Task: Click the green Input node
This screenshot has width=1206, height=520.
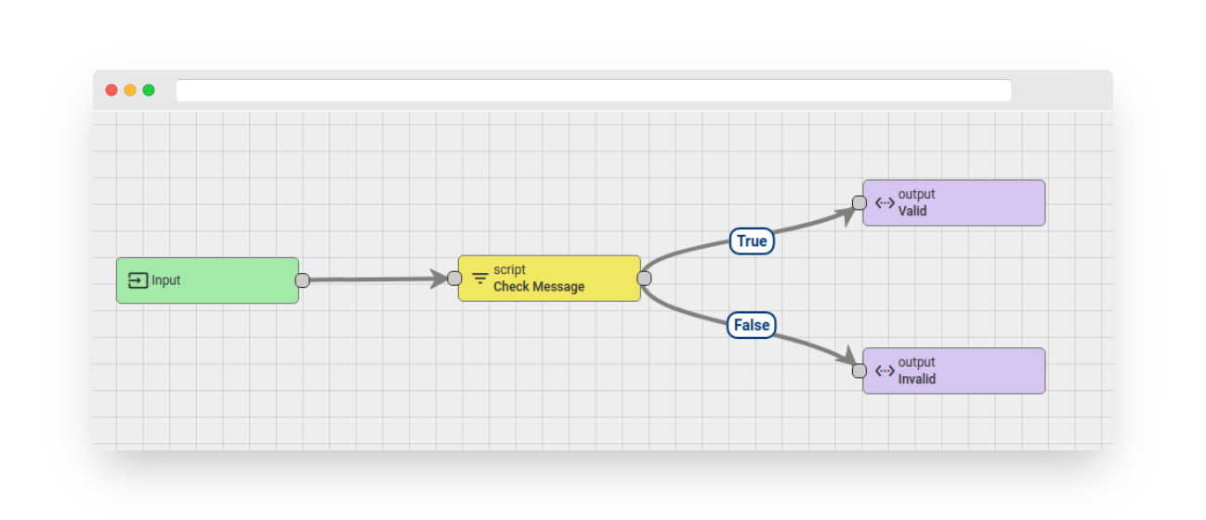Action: point(207,280)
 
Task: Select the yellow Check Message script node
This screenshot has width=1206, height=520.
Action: point(549,279)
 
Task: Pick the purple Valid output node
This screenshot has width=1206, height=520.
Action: point(954,203)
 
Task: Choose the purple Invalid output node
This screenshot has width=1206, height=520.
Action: point(954,370)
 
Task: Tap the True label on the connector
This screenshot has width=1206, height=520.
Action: point(752,241)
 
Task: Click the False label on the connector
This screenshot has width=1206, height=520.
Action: point(752,325)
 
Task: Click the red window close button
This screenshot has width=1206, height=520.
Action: point(111,90)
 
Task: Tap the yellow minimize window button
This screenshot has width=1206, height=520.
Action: point(130,90)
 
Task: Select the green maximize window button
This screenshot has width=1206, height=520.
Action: point(149,90)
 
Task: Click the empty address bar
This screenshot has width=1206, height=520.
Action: point(594,90)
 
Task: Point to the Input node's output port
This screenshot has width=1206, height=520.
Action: point(303,280)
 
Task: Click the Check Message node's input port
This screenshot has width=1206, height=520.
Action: point(454,279)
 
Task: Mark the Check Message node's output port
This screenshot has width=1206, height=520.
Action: point(644,279)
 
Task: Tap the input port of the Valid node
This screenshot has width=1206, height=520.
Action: point(859,203)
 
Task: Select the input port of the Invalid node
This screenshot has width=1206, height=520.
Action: point(859,370)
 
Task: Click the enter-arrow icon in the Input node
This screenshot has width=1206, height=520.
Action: point(138,280)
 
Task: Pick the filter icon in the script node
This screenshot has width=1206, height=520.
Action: point(479,279)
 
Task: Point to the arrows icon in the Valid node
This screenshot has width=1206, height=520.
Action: point(885,203)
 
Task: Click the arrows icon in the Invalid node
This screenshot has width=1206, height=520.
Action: point(885,370)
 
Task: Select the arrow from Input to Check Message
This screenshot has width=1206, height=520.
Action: point(378,279)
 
